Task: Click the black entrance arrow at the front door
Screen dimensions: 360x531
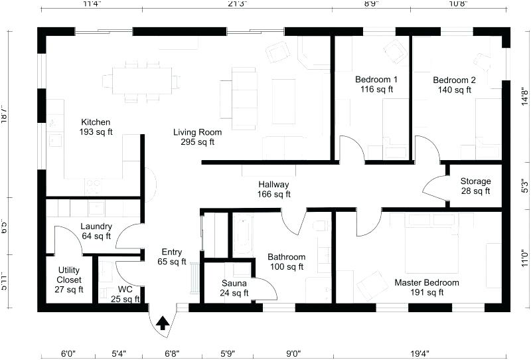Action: [x=162, y=323]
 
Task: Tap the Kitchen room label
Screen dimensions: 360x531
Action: [x=96, y=127]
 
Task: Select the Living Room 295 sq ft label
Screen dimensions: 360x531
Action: [x=198, y=137]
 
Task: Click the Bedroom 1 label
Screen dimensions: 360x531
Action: [x=376, y=84]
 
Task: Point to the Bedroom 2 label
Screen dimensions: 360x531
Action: [x=454, y=85]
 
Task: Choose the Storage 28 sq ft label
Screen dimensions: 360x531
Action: [x=475, y=186]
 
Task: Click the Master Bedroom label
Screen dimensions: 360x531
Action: [x=427, y=288]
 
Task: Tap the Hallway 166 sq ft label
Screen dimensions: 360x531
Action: [x=273, y=189]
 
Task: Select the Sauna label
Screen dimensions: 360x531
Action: [x=234, y=288]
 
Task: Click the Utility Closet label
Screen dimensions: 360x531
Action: [x=69, y=279]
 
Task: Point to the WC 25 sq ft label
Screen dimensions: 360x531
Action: [x=125, y=294]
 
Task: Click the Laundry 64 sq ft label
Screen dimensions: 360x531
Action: [x=96, y=230]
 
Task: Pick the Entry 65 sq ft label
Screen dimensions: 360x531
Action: [x=171, y=256]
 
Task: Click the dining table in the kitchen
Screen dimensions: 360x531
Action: [x=141, y=81]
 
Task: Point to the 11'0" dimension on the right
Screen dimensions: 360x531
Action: [x=524, y=258]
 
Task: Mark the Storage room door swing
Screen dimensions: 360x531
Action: [x=435, y=189]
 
